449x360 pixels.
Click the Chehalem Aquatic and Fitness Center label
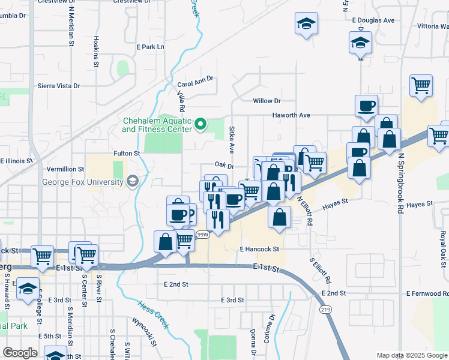pyautogui.click(x=157, y=124)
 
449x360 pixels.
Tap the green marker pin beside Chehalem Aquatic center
pyautogui.click(x=201, y=125)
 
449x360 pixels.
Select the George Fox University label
pyautogui.click(x=82, y=182)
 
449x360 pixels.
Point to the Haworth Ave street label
pyautogui.click(x=291, y=115)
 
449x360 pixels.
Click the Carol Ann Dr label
pyautogui.click(x=196, y=85)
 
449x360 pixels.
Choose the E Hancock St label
pyautogui.click(x=259, y=248)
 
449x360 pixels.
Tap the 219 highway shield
pyautogui.click(x=325, y=309)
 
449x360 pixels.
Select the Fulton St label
pyautogui.click(x=127, y=154)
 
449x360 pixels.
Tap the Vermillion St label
pyautogui.click(x=65, y=170)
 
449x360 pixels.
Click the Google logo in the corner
pyautogui.click(x=20, y=353)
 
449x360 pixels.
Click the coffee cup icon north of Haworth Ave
pyautogui.click(x=366, y=106)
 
